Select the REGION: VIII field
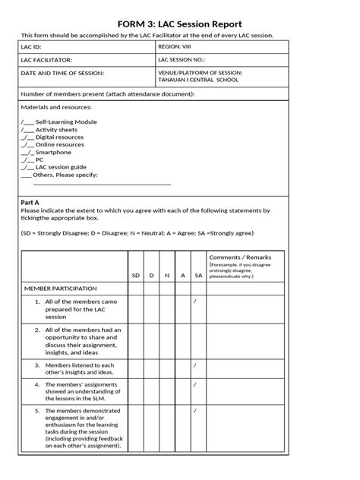click(x=176, y=46)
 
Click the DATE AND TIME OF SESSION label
click(x=62, y=74)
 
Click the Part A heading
click(x=30, y=203)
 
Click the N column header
click(x=166, y=275)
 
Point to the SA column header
click(x=197, y=275)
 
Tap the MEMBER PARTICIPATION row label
click(x=60, y=289)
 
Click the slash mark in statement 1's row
click(x=196, y=302)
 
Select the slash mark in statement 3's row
click(x=196, y=365)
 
